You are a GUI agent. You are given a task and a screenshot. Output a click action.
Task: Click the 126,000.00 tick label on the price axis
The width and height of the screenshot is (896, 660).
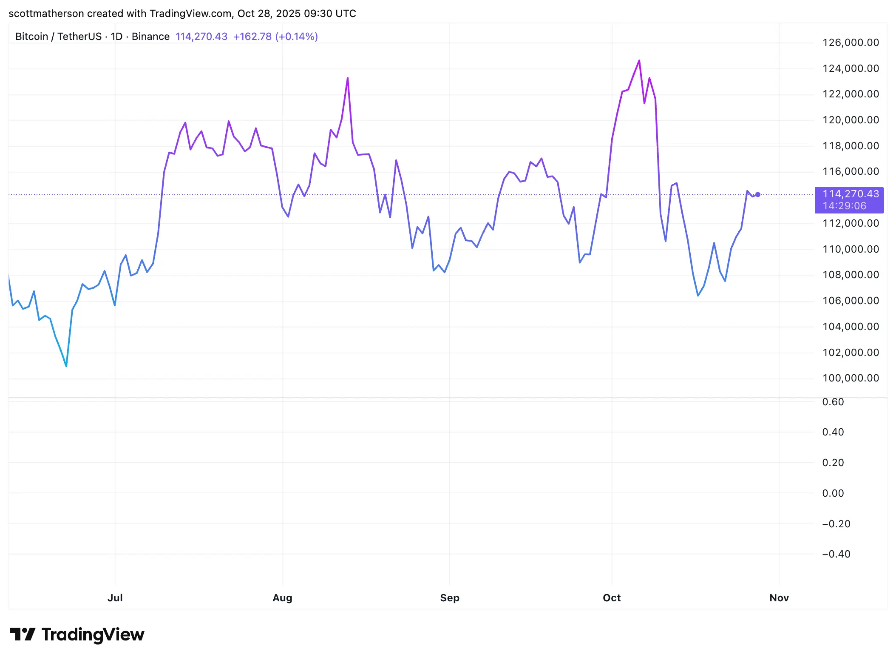(850, 43)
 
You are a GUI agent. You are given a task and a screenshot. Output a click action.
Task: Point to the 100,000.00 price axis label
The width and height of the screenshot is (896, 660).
(850, 378)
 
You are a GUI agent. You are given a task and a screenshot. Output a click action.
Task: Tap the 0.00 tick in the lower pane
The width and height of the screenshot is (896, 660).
(833, 493)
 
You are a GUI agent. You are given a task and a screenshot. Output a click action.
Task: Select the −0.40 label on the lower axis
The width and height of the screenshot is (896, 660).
(836, 554)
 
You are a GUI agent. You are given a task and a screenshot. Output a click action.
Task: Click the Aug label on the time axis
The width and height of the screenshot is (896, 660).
(282, 598)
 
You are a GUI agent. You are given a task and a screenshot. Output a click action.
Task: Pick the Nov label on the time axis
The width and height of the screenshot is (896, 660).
(779, 598)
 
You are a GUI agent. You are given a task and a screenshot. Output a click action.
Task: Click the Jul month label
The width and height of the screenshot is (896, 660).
(115, 598)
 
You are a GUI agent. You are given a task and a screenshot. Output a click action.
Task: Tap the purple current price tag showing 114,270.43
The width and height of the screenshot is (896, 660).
(849, 200)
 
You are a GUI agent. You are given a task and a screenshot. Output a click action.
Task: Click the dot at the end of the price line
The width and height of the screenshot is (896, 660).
(757, 195)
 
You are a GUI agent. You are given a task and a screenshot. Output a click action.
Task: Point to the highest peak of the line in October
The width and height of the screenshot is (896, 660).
(639, 61)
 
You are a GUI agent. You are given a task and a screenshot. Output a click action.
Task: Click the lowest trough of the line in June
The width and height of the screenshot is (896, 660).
(66, 366)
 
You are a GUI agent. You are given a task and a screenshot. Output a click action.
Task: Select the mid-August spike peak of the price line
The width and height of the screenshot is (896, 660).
(348, 78)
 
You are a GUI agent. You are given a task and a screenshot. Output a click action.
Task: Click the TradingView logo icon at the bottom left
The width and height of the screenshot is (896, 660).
(23, 634)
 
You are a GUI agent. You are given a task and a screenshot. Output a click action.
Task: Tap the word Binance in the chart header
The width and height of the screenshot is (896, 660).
(150, 37)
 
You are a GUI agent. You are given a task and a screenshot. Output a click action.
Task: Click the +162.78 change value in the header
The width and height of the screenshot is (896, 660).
(252, 37)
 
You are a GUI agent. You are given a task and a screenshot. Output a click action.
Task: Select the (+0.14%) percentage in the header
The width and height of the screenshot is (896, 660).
(297, 37)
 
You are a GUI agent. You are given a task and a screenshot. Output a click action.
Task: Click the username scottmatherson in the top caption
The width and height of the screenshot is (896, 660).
(46, 14)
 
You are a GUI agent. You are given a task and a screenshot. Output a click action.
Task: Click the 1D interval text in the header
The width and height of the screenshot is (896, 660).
(116, 37)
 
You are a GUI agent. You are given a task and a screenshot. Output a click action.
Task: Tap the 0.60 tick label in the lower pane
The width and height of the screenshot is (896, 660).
(833, 402)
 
